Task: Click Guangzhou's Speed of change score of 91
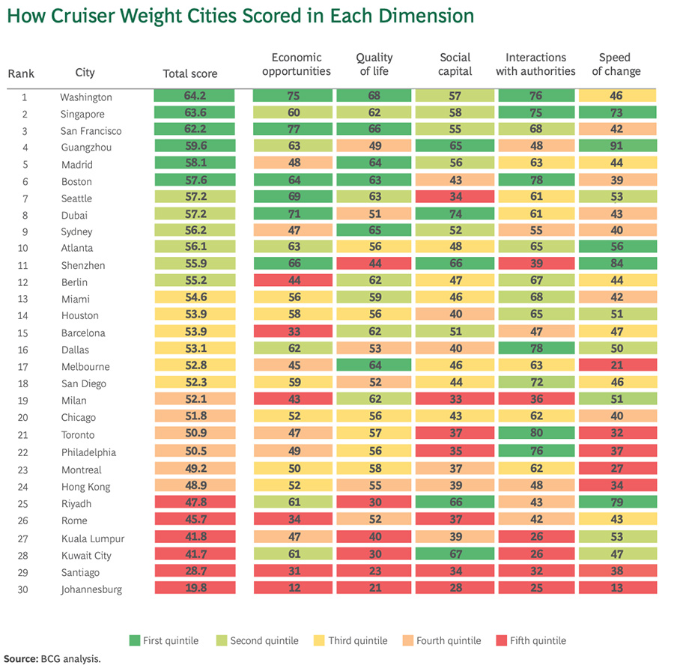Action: coord(617,147)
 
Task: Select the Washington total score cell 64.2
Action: coord(194,97)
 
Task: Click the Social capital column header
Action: coord(455,64)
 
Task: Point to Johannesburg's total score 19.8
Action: coord(194,589)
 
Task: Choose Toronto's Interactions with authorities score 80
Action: coord(535,434)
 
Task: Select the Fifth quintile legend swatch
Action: coord(501,640)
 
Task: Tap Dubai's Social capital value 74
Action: coord(455,215)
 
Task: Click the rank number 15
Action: coord(24,333)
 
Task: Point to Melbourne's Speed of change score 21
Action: coord(617,366)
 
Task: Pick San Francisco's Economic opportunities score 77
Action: coord(294,130)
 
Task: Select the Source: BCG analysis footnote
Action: coord(50,659)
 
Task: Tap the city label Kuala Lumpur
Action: coord(92,538)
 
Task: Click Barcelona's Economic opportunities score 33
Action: coord(294,333)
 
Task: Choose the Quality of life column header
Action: coord(374,64)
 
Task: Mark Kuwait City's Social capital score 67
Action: coord(455,555)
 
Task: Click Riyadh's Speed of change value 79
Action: coord(617,503)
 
